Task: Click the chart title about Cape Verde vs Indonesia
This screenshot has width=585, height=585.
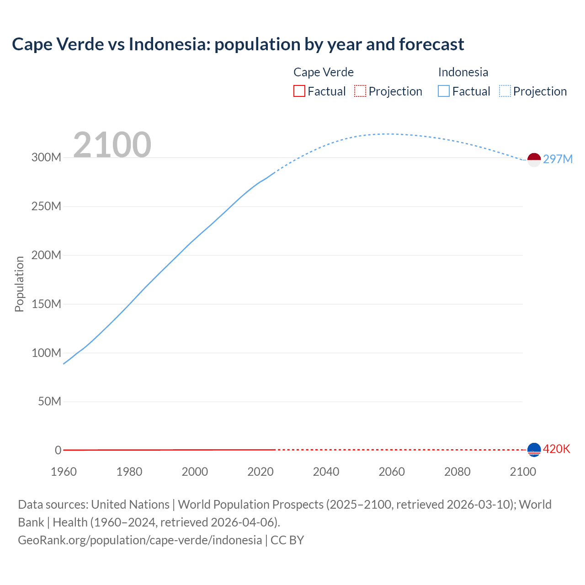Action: pyautogui.click(x=238, y=44)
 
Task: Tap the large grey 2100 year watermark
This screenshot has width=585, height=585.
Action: pyautogui.click(x=112, y=145)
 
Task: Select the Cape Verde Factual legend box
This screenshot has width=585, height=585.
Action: pyautogui.click(x=299, y=91)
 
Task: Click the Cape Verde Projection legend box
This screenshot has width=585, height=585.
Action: pyautogui.click(x=360, y=91)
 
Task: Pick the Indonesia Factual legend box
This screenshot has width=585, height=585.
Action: pyautogui.click(x=443, y=91)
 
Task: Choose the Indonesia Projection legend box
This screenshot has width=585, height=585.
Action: pyautogui.click(x=505, y=91)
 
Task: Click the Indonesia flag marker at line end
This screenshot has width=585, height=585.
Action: pyautogui.click(x=534, y=160)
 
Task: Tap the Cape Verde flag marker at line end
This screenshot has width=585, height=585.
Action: pyautogui.click(x=534, y=450)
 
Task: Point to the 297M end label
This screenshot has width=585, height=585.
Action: pyautogui.click(x=558, y=159)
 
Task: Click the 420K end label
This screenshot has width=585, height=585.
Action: pyautogui.click(x=557, y=449)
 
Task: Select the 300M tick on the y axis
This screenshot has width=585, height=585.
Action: pyautogui.click(x=46, y=158)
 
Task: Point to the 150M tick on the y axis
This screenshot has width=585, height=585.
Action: pyautogui.click(x=46, y=304)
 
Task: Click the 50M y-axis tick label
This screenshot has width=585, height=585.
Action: pyautogui.click(x=49, y=402)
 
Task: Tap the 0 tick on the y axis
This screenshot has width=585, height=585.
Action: pyautogui.click(x=58, y=450)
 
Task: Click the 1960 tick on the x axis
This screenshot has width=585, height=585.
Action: pyautogui.click(x=64, y=472)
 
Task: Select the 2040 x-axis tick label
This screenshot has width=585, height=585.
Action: pyautogui.click(x=326, y=472)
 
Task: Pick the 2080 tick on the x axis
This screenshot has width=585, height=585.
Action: pyautogui.click(x=457, y=472)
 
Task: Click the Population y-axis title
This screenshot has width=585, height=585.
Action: pyautogui.click(x=19, y=284)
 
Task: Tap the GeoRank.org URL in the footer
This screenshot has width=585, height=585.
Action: pyautogui.click(x=140, y=540)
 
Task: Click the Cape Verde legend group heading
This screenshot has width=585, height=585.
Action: pyautogui.click(x=324, y=72)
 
